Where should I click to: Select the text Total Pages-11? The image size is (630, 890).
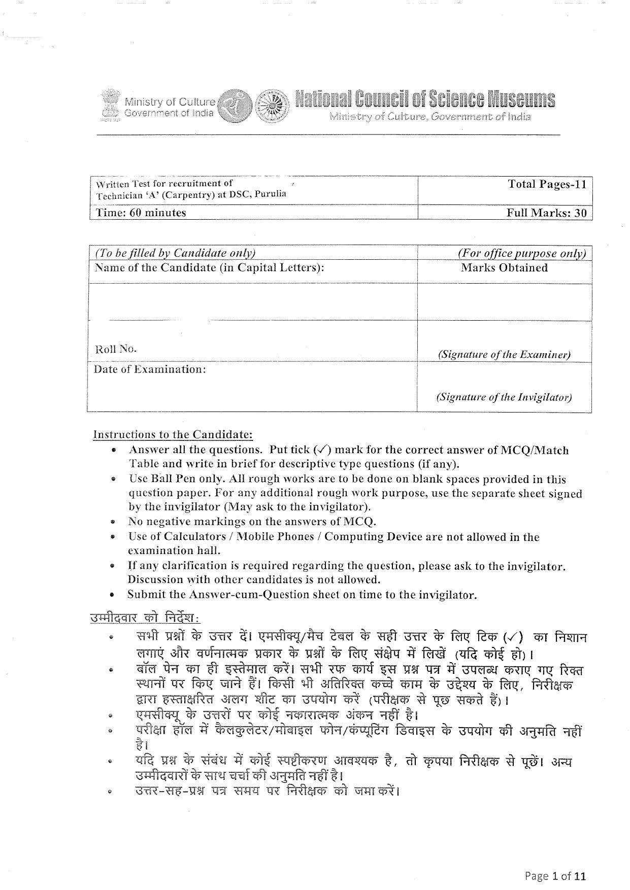(x=547, y=184)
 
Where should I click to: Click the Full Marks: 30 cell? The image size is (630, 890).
(x=546, y=213)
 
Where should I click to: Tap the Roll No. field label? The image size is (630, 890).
(x=116, y=349)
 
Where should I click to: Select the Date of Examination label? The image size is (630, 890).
(x=150, y=369)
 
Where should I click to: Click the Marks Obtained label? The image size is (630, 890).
(x=504, y=268)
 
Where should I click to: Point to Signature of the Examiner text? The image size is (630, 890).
(x=504, y=355)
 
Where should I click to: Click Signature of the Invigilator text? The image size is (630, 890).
(x=504, y=397)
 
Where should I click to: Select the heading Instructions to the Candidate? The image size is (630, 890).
(x=173, y=435)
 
